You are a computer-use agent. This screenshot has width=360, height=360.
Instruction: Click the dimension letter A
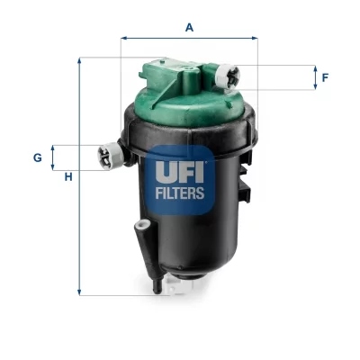189,27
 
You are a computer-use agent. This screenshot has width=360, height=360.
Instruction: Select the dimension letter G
38,157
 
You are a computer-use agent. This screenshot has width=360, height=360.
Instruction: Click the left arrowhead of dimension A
122,39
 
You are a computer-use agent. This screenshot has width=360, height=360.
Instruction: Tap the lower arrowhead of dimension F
314,88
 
